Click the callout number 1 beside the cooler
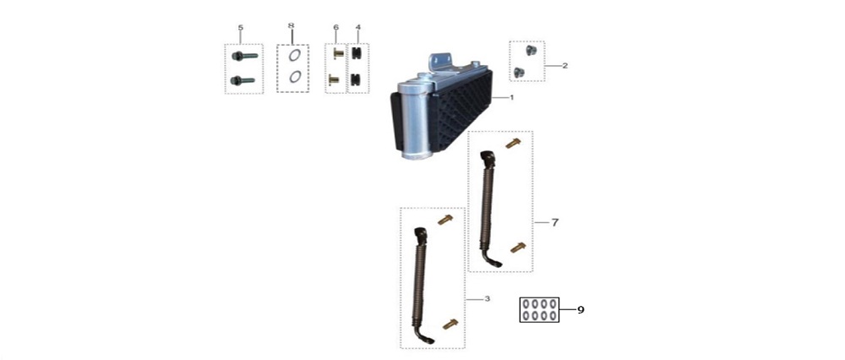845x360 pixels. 511,97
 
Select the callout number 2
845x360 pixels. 564,66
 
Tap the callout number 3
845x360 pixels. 488,298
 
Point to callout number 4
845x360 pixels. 358,27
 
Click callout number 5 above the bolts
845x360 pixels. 240,28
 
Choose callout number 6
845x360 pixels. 335,27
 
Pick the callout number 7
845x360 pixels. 555,221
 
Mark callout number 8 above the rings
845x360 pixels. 291,25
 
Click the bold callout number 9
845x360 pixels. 581,310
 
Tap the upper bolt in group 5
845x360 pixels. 245,56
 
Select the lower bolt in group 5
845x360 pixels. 243,80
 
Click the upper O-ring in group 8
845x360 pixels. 295,54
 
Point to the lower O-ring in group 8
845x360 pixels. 295,77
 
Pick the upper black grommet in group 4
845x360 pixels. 356,53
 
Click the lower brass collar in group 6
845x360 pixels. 334,79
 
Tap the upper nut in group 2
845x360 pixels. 530,51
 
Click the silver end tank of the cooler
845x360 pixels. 414,120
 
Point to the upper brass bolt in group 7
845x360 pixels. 513,144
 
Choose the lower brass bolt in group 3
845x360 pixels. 450,324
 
